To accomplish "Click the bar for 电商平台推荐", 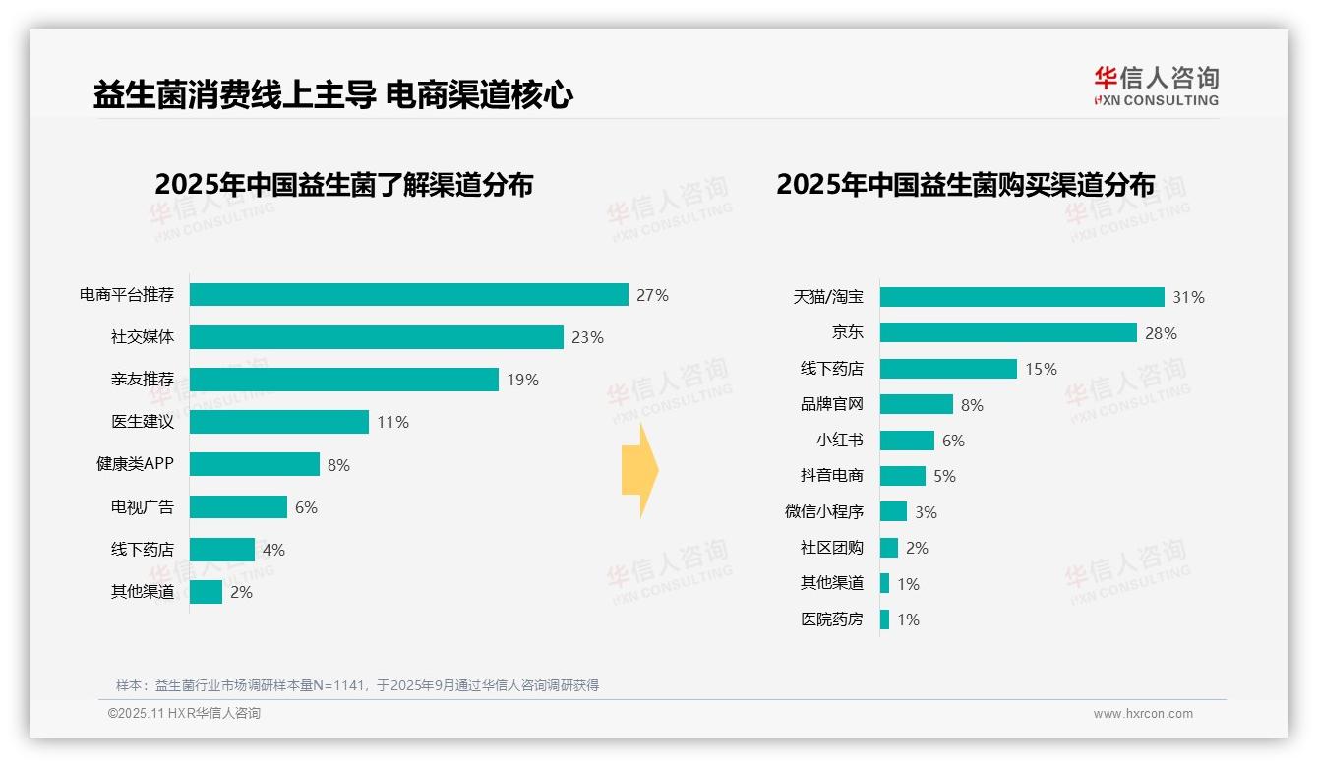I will pyautogui.click(x=408, y=295).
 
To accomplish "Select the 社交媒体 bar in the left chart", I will pyautogui.click(x=376, y=337).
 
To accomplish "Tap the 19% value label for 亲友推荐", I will pyautogui.click(x=522, y=380).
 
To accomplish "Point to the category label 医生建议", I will pyautogui.click(x=142, y=422).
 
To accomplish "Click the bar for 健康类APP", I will pyautogui.click(x=254, y=464).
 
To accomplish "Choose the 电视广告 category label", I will pyautogui.click(x=142, y=507).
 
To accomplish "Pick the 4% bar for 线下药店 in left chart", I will pyautogui.click(x=221, y=550).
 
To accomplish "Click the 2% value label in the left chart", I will pyautogui.click(x=241, y=592).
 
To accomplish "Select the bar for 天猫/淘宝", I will pyautogui.click(x=1021, y=297).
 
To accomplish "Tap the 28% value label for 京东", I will pyautogui.click(x=1161, y=333).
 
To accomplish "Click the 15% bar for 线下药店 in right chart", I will pyautogui.click(x=947, y=369).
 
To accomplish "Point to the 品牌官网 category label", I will pyautogui.click(x=831, y=405).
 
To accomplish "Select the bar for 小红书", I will pyautogui.click(x=906, y=441).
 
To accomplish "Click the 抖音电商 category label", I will pyautogui.click(x=831, y=476).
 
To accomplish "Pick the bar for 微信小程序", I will pyautogui.click(x=892, y=511).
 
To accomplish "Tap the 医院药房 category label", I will pyautogui.click(x=831, y=619).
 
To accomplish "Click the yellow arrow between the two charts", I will pyautogui.click(x=640, y=470).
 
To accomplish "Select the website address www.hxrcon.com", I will pyautogui.click(x=1142, y=714).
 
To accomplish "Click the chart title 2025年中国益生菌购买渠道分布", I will pyautogui.click(x=965, y=185).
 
